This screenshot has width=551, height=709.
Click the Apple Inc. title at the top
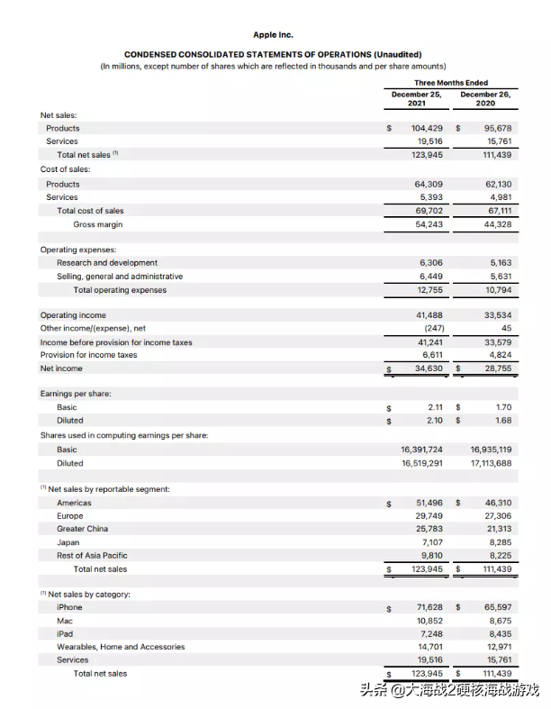(273, 35)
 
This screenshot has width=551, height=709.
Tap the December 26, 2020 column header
(485, 98)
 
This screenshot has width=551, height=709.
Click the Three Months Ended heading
(450, 83)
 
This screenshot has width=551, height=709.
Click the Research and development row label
(106, 263)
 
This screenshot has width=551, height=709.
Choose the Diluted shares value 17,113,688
(491, 463)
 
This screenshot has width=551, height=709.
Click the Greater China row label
(82, 529)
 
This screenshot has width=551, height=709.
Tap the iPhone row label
(69, 607)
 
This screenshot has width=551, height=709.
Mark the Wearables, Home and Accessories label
(121, 647)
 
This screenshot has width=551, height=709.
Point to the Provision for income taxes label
(88, 355)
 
